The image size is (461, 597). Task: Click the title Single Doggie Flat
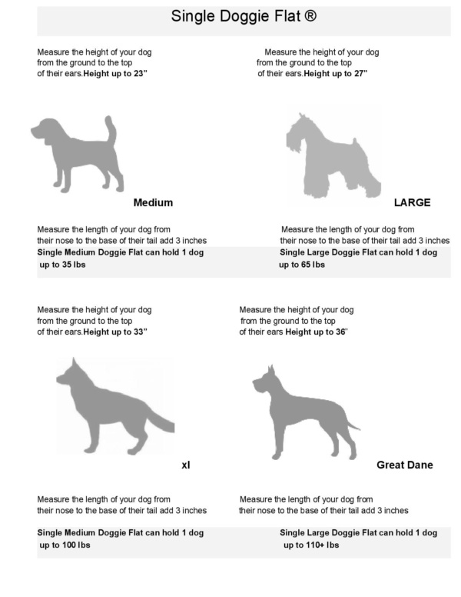click(230, 16)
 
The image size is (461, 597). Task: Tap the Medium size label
click(153, 202)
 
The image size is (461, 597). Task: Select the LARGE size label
click(412, 202)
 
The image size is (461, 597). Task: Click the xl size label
click(185, 465)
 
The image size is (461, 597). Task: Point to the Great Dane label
click(404, 465)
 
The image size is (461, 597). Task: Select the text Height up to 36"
click(317, 332)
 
